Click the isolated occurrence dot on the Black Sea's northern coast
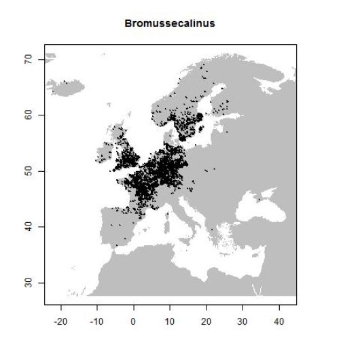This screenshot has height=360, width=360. click(x=258, y=200)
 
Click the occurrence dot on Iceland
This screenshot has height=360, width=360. click(x=65, y=82)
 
